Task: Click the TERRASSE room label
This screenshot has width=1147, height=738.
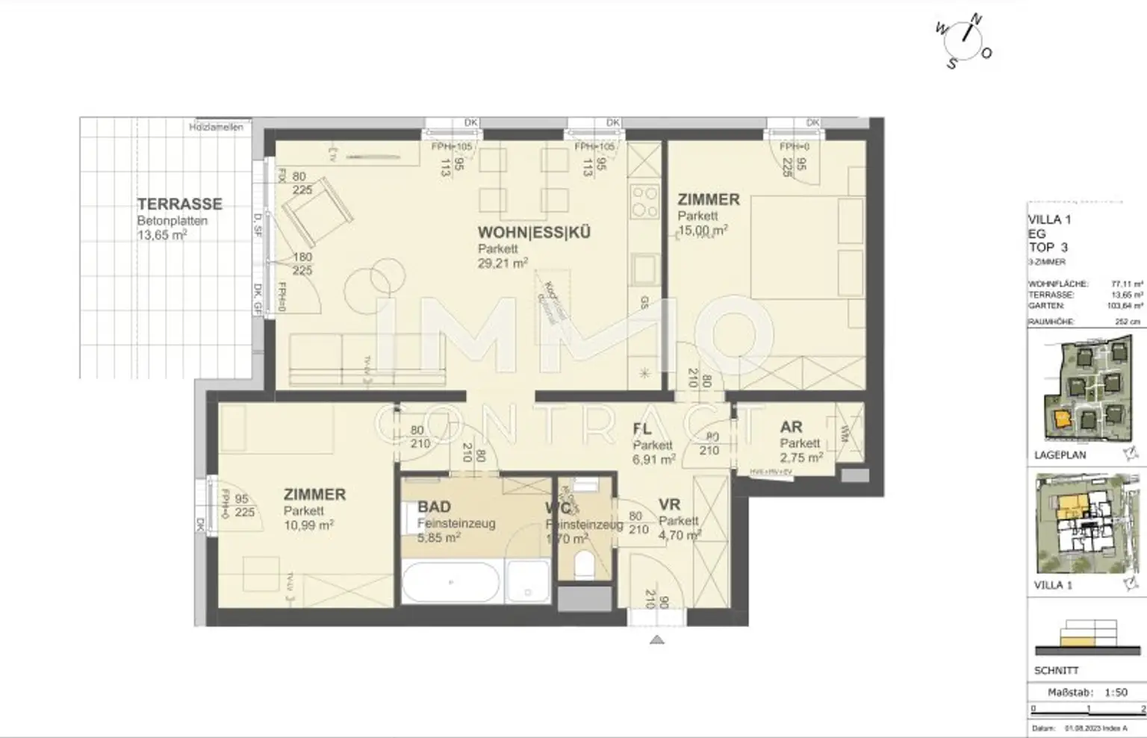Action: (179, 204)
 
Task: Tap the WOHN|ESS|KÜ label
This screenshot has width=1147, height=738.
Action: (534, 232)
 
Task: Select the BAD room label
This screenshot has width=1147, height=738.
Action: (434, 507)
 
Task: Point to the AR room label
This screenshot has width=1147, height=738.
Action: (791, 427)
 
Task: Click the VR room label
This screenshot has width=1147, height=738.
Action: (669, 505)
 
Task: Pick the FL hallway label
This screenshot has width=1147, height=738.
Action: (642, 429)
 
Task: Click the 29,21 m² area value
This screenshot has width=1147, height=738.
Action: (503, 263)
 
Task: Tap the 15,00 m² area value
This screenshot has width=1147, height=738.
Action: (702, 231)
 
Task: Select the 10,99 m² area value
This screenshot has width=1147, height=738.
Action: (308, 525)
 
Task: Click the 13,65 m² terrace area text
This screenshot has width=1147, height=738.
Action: (161, 235)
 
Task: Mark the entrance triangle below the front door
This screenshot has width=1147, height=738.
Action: (656, 639)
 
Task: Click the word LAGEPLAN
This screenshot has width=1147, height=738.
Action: (1060, 455)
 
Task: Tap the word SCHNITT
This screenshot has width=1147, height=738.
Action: (1056, 670)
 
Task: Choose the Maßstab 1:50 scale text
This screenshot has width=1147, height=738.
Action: (1087, 692)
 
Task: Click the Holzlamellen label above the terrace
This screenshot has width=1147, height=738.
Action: (216, 127)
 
